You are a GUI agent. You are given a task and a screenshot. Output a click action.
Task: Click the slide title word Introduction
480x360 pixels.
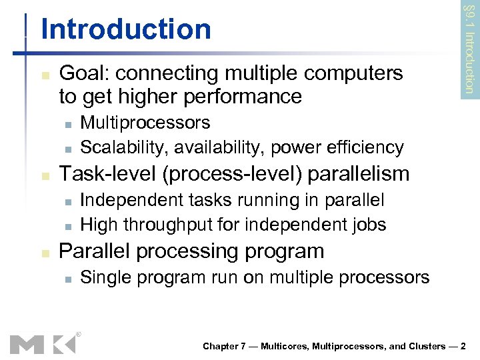(125, 29)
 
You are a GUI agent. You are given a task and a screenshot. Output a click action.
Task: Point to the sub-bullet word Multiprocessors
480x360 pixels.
(145, 123)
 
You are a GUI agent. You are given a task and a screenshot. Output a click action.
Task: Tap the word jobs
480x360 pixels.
(369, 224)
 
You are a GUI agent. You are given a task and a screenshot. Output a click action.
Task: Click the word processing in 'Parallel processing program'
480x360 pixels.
(192, 251)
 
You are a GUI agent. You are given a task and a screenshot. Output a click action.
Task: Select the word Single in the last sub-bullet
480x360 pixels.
(101, 277)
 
